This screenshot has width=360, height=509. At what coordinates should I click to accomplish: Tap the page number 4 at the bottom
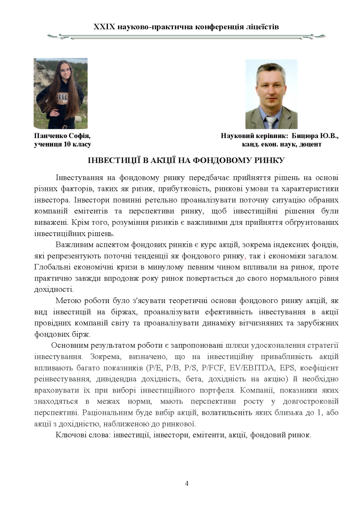pyautogui.click(x=187, y=483)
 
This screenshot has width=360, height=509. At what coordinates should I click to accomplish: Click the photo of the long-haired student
pyautogui.click(x=60, y=93)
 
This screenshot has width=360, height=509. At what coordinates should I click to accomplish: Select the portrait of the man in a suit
pyautogui.click(x=271, y=94)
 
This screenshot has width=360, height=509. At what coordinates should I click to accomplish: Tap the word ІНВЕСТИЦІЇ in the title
pyautogui.click(x=113, y=161)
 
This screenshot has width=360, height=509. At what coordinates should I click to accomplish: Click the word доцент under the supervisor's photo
pyautogui.click(x=309, y=144)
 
